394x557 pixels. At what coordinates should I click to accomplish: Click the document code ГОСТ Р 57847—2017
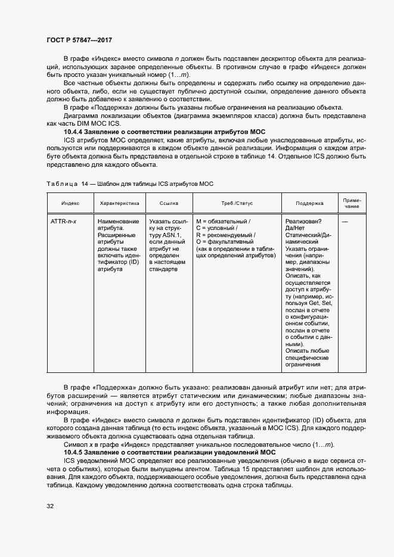(x=80, y=41)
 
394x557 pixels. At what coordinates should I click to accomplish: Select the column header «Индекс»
(x=70, y=203)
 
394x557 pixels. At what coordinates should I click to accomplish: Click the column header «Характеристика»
(x=119, y=203)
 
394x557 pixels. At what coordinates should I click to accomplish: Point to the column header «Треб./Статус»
(x=236, y=203)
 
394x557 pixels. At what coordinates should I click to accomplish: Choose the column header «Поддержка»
(x=309, y=203)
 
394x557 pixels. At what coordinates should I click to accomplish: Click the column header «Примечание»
(x=352, y=203)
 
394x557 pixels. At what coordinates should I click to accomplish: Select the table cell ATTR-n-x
(x=64, y=221)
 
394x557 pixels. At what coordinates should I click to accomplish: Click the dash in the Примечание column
(x=345, y=221)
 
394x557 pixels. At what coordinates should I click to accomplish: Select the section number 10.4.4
(x=75, y=131)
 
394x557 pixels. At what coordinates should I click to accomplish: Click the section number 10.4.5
(x=75, y=452)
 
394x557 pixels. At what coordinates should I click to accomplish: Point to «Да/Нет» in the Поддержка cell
(x=296, y=228)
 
